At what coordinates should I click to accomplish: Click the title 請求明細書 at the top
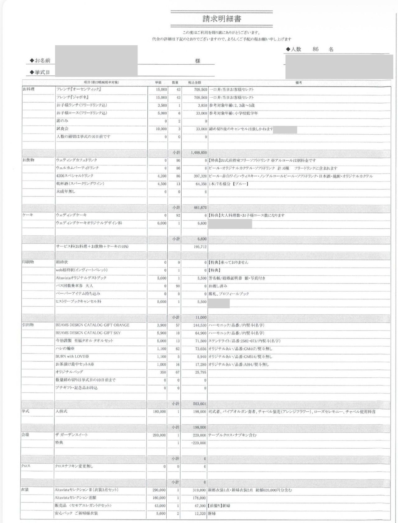(x=222, y=19)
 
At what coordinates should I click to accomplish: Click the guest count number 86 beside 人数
(x=315, y=49)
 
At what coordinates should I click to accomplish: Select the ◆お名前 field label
(x=40, y=60)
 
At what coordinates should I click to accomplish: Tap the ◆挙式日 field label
(x=40, y=72)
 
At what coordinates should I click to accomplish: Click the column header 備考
(x=298, y=83)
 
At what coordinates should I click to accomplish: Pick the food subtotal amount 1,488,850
(x=199, y=153)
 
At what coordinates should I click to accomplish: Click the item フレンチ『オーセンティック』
(x=79, y=89)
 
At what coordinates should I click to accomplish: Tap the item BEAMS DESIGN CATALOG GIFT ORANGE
(x=92, y=325)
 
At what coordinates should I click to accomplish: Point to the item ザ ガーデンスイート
(x=72, y=435)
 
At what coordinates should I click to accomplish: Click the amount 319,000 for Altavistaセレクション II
(x=199, y=490)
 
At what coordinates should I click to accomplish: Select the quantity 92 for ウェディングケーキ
(x=178, y=215)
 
